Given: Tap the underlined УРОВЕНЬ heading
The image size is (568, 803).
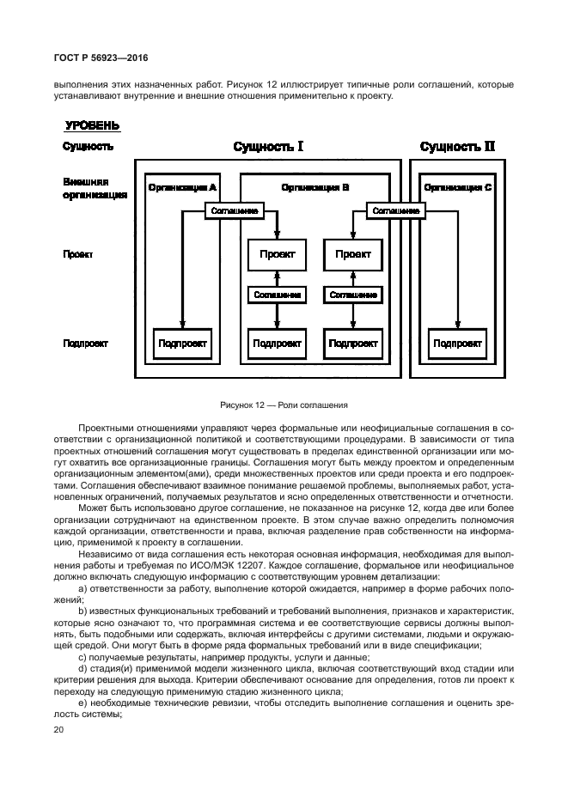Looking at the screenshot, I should [92, 126].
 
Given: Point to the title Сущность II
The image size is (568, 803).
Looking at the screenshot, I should [457, 147].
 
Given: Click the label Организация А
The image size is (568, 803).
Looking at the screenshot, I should [182, 187].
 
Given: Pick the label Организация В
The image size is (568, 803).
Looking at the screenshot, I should [315, 187].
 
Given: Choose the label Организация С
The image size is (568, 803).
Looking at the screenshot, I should [458, 187].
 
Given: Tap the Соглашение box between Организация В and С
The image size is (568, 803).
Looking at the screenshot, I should [395, 210].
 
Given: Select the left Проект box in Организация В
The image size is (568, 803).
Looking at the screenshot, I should [277, 254].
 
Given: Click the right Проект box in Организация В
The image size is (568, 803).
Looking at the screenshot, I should [353, 254].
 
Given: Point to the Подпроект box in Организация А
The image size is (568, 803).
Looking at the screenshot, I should [182, 344].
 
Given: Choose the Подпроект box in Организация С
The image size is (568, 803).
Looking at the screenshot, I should [457, 344].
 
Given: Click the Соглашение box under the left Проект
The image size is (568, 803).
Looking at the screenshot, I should [277, 295].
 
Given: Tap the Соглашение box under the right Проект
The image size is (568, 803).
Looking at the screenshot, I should [353, 295].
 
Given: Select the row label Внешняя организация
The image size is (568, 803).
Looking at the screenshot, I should [95, 189].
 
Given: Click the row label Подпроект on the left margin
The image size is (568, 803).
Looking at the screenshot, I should [85, 344].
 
